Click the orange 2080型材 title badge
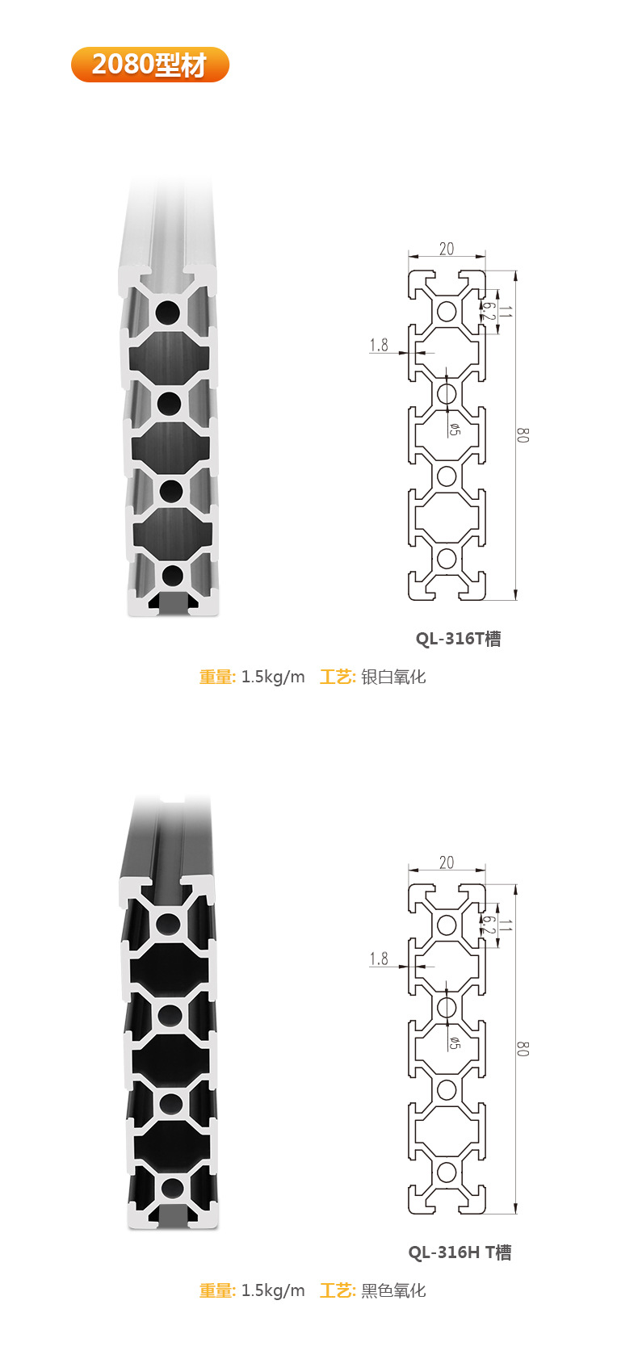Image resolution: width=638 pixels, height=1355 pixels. [x=150, y=65]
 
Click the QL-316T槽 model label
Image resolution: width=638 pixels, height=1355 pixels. [x=458, y=639]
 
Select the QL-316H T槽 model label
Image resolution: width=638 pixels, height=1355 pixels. [x=460, y=1252]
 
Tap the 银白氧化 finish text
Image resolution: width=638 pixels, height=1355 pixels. [x=393, y=677]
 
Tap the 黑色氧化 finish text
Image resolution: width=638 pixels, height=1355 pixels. [x=393, y=1290]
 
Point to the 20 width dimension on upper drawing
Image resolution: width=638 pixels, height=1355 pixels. [x=447, y=250]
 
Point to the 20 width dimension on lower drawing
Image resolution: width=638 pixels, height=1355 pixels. [x=447, y=863]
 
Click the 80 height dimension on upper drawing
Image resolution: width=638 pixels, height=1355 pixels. [x=523, y=434]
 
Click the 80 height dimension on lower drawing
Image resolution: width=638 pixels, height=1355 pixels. [x=523, y=1048]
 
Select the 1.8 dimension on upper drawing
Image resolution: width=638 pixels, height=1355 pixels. [x=379, y=346]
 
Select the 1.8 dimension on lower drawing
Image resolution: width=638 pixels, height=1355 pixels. [x=379, y=959]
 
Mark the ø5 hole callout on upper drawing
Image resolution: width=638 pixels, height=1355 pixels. [x=454, y=430]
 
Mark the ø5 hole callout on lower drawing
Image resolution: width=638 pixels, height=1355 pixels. [x=454, y=1043]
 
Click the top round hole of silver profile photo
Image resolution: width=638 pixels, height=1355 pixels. [x=168, y=313]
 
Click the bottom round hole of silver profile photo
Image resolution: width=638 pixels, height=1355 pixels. [x=172, y=576]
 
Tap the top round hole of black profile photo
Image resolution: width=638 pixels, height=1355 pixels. [x=168, y=925]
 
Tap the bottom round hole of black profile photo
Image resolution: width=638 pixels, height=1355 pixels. [x=172, y=1188]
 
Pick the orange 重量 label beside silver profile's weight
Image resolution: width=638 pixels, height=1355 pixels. [x=216, y=677]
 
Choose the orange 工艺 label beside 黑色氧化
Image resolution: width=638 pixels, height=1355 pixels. [x=337, y=1290]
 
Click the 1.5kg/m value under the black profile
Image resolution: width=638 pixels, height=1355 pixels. [x=273, y=1290]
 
